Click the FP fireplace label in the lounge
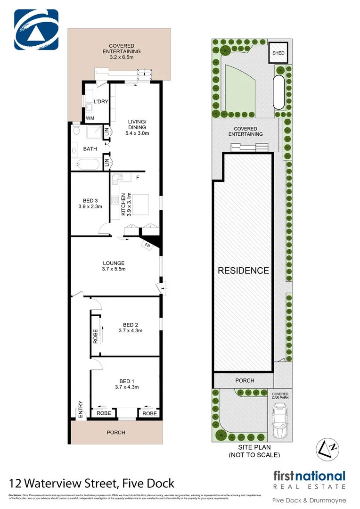[147, 246]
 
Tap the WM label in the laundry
[89, 118]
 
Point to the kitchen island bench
[140, 205]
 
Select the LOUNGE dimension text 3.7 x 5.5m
[114, 269]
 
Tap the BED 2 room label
[130, 325]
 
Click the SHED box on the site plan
[278, 53]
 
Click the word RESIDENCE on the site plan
[243, 271]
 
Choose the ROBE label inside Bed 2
[95, 336]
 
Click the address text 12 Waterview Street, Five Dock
[92, 483]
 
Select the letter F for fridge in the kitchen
[138, 178]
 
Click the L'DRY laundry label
[101, 101]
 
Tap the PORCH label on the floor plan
[116, 432]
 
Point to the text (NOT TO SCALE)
[254, 455]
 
